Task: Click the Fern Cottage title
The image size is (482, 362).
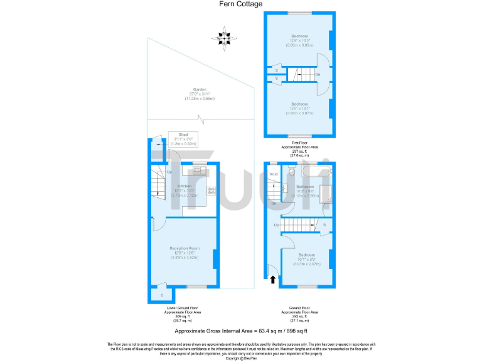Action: click(x=241, y=4)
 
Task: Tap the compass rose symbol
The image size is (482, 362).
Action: click(x=225, y=38)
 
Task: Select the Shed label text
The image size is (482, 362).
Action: click(x=183, y=134)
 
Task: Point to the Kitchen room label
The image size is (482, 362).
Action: click(x=185, y=186)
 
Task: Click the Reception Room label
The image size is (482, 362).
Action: click(x=185, y=248)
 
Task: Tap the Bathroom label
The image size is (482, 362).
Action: click(x=306, y=187)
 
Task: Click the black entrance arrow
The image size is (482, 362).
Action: click(x=272, y=280)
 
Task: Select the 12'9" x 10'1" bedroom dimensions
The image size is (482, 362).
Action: click(x=299, y=108)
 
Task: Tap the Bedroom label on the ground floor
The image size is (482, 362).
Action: click(x=307, y=255)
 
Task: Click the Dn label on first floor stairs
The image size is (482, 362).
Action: click(x=318, y=75)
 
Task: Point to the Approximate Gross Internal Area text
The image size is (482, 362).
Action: click(x=240, y=330)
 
